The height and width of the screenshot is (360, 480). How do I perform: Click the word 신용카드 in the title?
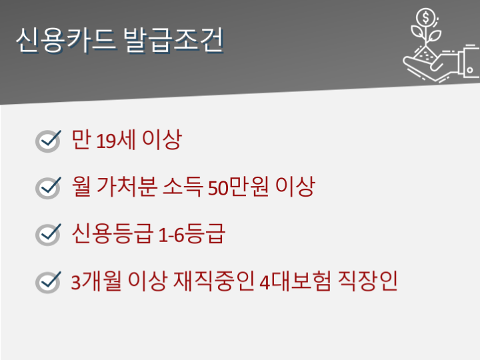[66, 40]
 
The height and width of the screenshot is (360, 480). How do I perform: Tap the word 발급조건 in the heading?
[173, 40]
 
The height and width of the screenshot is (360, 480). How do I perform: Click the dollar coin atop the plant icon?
[425, 17]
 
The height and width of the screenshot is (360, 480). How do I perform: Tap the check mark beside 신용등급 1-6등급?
[49, 235]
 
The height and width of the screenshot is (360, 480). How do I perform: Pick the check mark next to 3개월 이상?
[49, 282]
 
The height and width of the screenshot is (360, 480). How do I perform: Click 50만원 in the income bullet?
[238, 187]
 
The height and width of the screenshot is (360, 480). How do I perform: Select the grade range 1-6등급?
[191, 233]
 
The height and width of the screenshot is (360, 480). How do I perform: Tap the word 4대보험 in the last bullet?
[295, 281]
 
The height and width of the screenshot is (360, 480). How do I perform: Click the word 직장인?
[367, 281]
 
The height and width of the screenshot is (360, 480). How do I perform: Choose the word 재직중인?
[214, 281]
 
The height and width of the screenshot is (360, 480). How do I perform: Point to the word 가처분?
[127, 187]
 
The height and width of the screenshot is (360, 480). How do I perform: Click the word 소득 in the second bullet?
[183, 187]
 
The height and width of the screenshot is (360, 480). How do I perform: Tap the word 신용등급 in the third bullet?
[112, 233]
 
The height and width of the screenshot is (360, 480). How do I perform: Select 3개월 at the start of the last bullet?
[96, 281]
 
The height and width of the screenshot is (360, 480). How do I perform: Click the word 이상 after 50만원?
[295, 187]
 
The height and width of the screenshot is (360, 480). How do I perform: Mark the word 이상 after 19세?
[162, 139]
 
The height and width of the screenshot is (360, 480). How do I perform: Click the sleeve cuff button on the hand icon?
[470, 70]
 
